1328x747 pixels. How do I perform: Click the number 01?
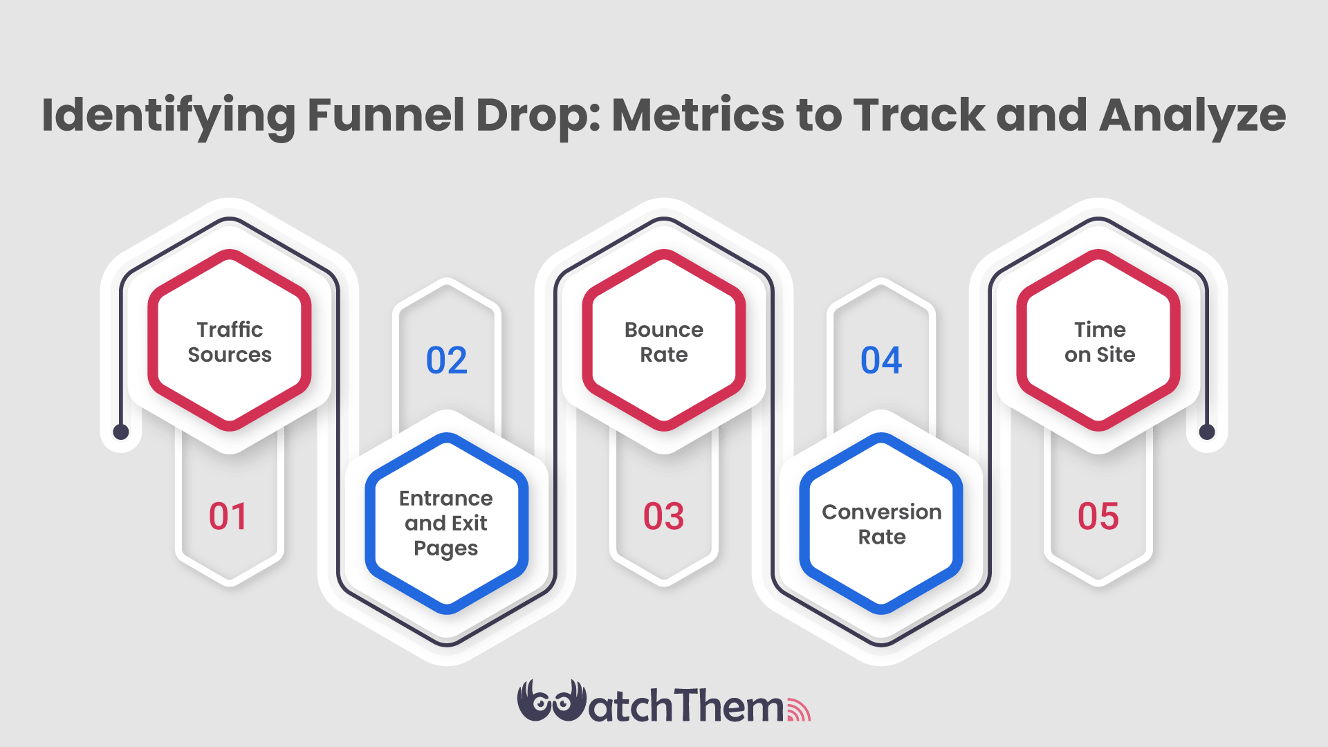(228, 517)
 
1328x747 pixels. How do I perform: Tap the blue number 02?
(447, 360)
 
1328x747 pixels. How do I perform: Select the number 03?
(663, 517)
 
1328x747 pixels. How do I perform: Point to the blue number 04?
(881, 360)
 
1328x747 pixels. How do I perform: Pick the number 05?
(1098, 517)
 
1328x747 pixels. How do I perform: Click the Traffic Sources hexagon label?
(230, 342)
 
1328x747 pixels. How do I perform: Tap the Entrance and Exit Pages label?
(446, 523)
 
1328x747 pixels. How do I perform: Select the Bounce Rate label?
(664, 342)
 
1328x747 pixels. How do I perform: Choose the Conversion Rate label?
(882, 524)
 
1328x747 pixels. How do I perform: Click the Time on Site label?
(1100, 342)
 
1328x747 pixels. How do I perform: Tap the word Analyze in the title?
(1192, 116)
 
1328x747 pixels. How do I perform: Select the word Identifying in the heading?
(168, 116)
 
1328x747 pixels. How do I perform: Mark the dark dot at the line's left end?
(121, 432)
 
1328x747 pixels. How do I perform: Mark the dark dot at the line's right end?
(1207, 432)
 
